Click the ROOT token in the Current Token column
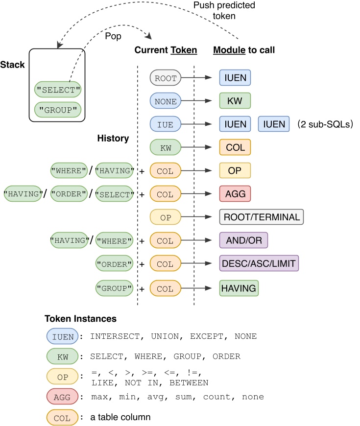pos(166,77)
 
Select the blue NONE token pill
pos(166,101)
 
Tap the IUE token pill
pos(166,124)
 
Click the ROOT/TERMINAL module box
pos(262,217)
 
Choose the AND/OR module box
pos(243,240)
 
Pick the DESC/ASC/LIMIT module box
pos(259,264)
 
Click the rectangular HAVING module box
pos(239,288)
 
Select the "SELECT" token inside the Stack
pos(58,90)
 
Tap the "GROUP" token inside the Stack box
pos(58,109)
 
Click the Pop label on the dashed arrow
pos(114,36)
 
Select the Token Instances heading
pos(80,319)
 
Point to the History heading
pos(113,139)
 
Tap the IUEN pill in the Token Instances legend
pos(63,336)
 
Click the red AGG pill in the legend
pos(63,396)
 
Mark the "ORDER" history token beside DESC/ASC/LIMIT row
pos(115,264)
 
